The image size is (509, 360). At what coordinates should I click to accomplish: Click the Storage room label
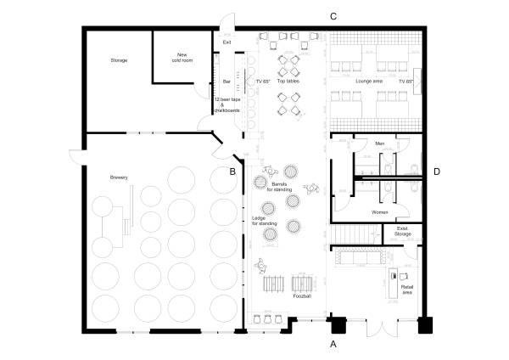pyautogui.click(x=118, y=61)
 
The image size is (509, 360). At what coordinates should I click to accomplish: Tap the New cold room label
pyautogui.click(x=182, y=57)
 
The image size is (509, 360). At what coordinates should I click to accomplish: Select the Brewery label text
pyautogui.click(x=118, y=177)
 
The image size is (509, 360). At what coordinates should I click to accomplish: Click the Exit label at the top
pyautogui.click(x=227, y=42)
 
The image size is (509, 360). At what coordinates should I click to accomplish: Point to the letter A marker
pyautogui.click(x=333, y=345)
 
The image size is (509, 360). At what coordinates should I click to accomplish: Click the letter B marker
pyautogui.click(x=232, y=172)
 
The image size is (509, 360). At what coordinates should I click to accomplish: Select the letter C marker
pyautogui.click(x=333, y=17)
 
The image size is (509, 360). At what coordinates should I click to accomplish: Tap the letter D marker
pyautogui.click(x=437, y=172)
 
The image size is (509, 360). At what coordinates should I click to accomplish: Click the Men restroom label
pyautogui.click(x=380, y=143)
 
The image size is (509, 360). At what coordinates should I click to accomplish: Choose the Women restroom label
pyautogui.click(x=380, y=212)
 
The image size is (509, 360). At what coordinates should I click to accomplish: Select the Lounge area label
pyautogui.click(x=369, y=81)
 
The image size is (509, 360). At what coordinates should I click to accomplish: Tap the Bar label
pyautogui.click(x=227, y=82)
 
